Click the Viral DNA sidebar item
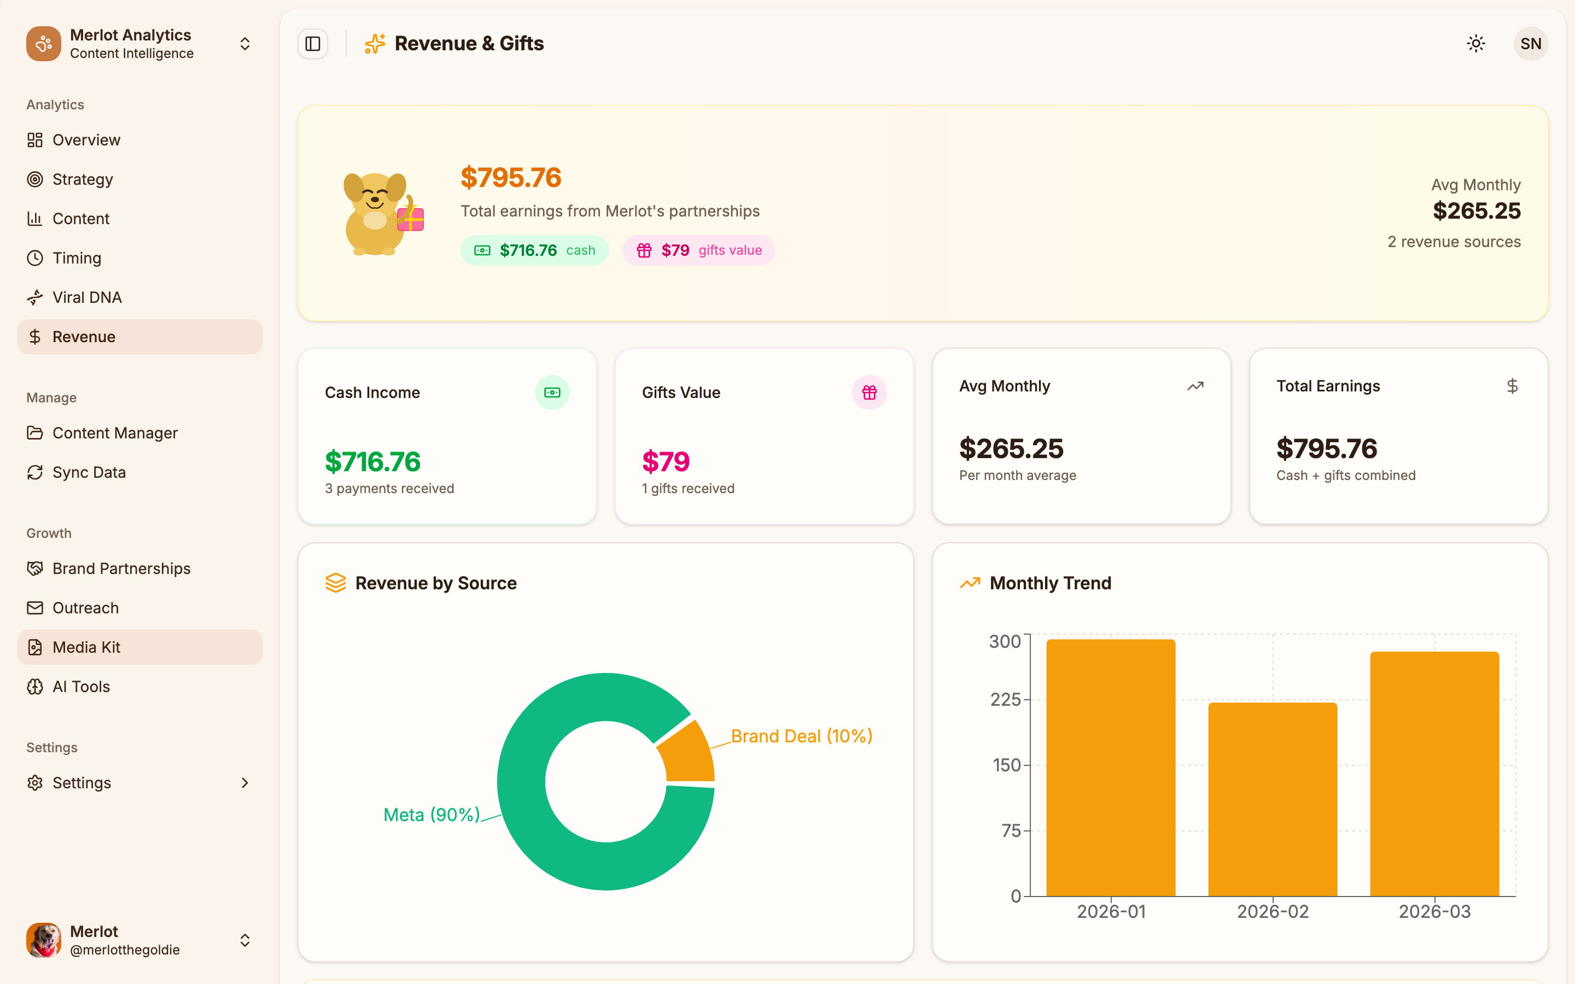(x=86, y=297)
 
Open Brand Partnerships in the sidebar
(x=121, y=568)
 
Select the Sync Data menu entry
(x=89, y=472)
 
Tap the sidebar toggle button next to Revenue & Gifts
(x=313, y=44)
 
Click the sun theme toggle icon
(x=1475, y=44)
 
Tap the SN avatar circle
(x=1530, y=44)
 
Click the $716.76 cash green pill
(x=534, y=250)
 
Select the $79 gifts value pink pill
(x=698, y=250)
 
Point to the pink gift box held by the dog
(x=411, y=220)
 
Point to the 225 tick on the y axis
(x=1006, y=700)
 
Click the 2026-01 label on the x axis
(x=1111, y=911)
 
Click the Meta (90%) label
(x=431, y=815)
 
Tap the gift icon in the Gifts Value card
(x=869, y=393)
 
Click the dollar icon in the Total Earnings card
(x=1512, y=386)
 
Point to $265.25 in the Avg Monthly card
(x=1011, y=448)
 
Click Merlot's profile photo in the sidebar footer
(x=44, y=940)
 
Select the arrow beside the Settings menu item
(x=244, y=782)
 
